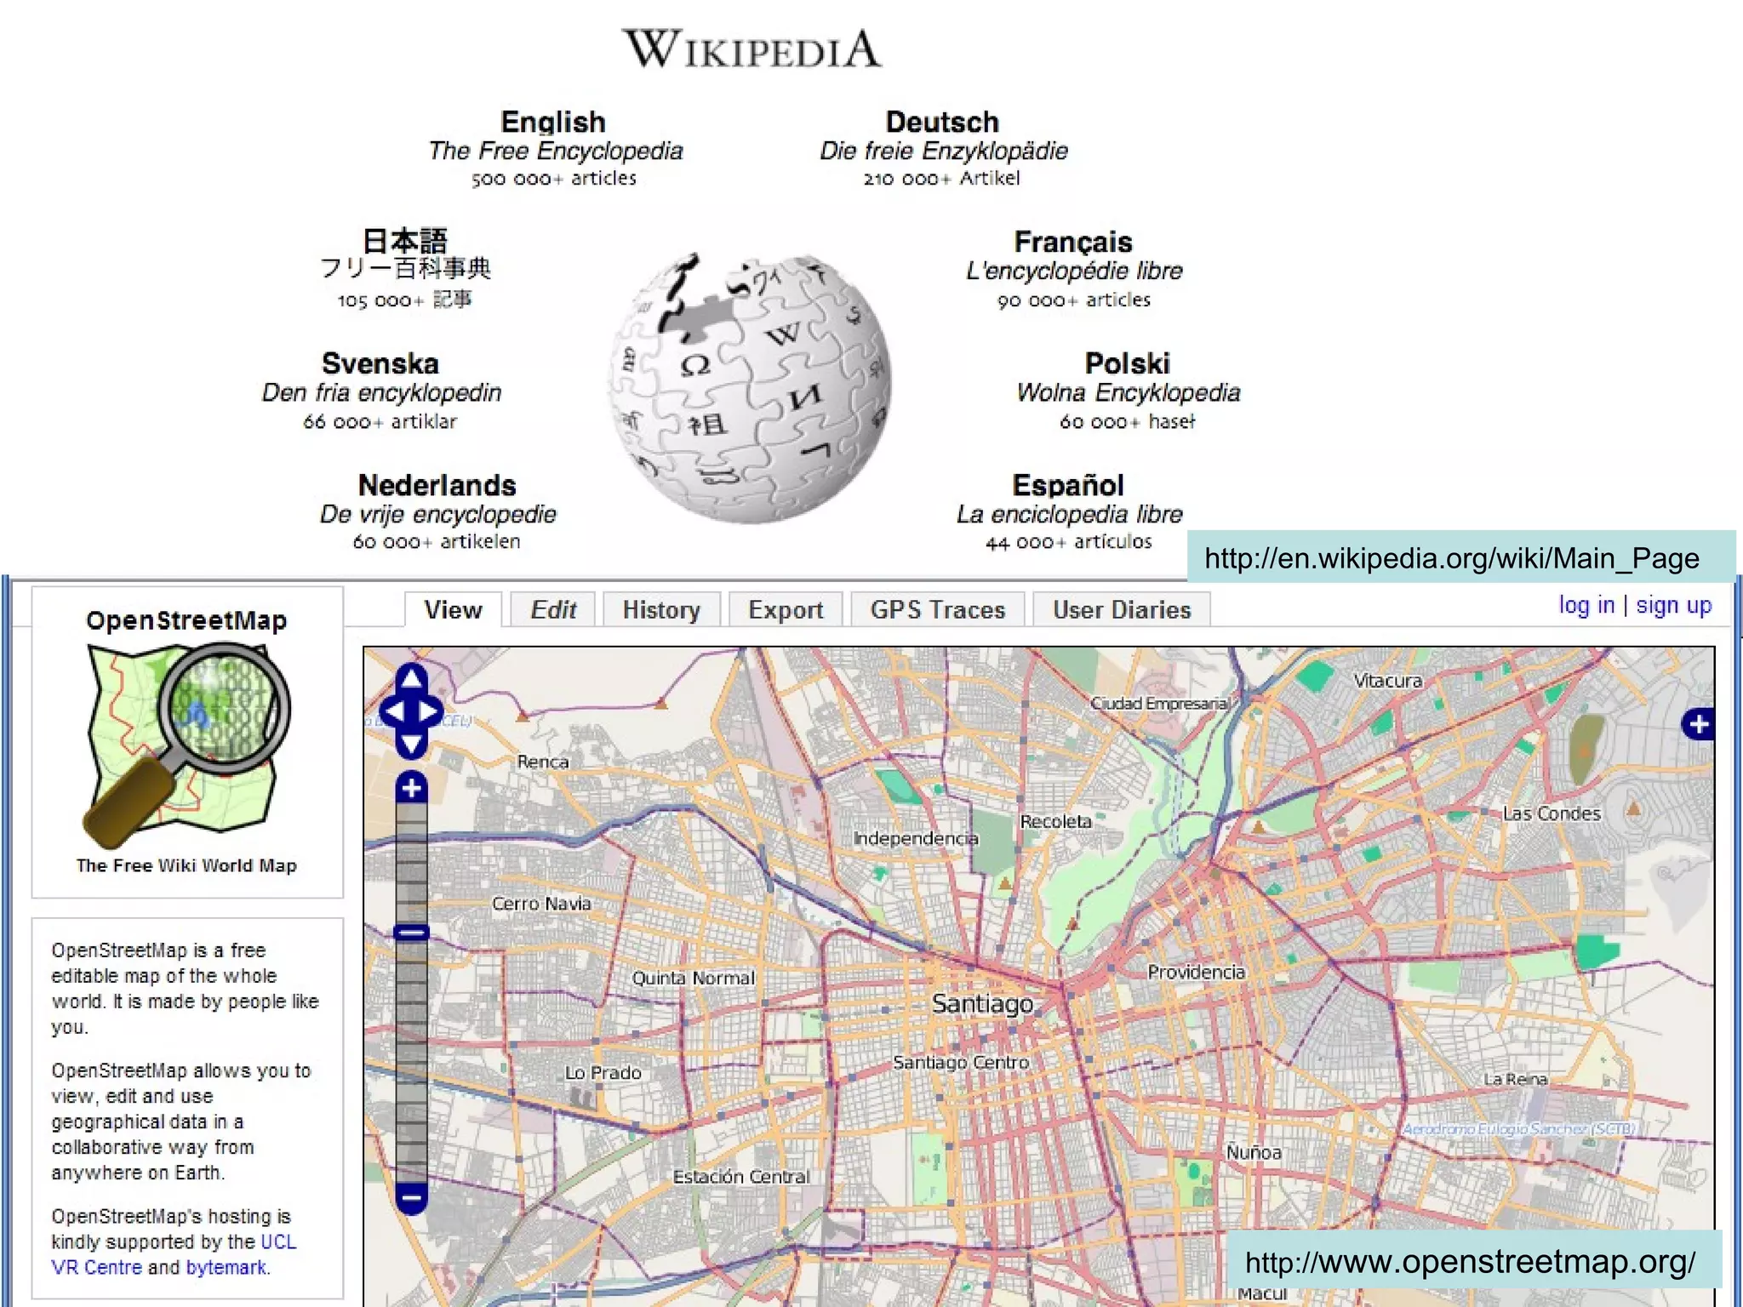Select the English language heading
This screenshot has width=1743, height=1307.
tap(553, 123)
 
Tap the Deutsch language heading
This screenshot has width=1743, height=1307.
tap(942, 123)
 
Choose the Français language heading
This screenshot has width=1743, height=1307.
tap(1073, 243)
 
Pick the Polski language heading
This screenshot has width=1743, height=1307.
tap(1128, 364)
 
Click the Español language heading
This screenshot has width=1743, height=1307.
tap(1068, 486)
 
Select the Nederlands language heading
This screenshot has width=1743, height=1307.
tap(437, 486)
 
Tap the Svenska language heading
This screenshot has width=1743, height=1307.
tap(380, 364)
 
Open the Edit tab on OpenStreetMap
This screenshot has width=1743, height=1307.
tap(553, 610)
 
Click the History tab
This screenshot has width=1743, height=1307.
tap(661, 610)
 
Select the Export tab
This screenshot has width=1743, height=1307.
tap(786, 610)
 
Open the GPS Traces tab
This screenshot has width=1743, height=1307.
tap(938, 610)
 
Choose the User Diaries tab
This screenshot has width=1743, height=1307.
tap(1122, 610)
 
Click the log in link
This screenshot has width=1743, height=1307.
tap(1586, 605)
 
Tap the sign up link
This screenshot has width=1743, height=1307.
tap(1673, 605)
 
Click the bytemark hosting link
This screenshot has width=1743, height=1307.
tap(226, 1267)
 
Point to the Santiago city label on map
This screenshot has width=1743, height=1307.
tap(982, 1004)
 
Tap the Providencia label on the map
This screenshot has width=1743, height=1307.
tap(1196, 972)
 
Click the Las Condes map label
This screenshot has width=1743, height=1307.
tap(1552, 813)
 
